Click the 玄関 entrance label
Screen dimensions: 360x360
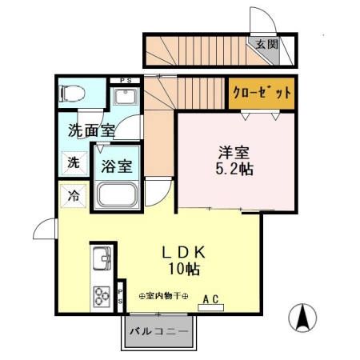[267, 45]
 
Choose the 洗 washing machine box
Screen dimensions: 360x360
[73, 163]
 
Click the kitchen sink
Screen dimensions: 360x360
[102, 260]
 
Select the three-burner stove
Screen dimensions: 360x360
[102, 296]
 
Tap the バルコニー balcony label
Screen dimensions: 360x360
[158, 330]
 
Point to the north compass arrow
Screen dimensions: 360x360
[304, 318]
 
